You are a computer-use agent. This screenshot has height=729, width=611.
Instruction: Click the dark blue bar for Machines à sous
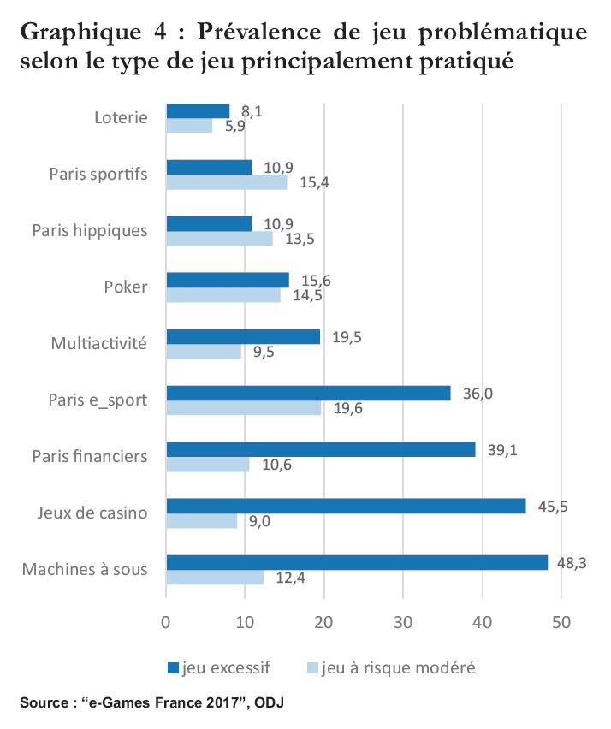[357, 562]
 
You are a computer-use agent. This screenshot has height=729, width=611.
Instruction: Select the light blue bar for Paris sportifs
[227, 182]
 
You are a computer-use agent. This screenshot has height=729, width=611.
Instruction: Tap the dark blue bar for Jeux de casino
[346, 506]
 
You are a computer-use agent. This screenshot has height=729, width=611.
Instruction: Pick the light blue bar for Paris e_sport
[244, 408]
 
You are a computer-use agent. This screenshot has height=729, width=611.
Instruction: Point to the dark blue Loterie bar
[198, 110]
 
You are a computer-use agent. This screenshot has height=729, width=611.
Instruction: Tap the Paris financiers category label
[90, 456]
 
